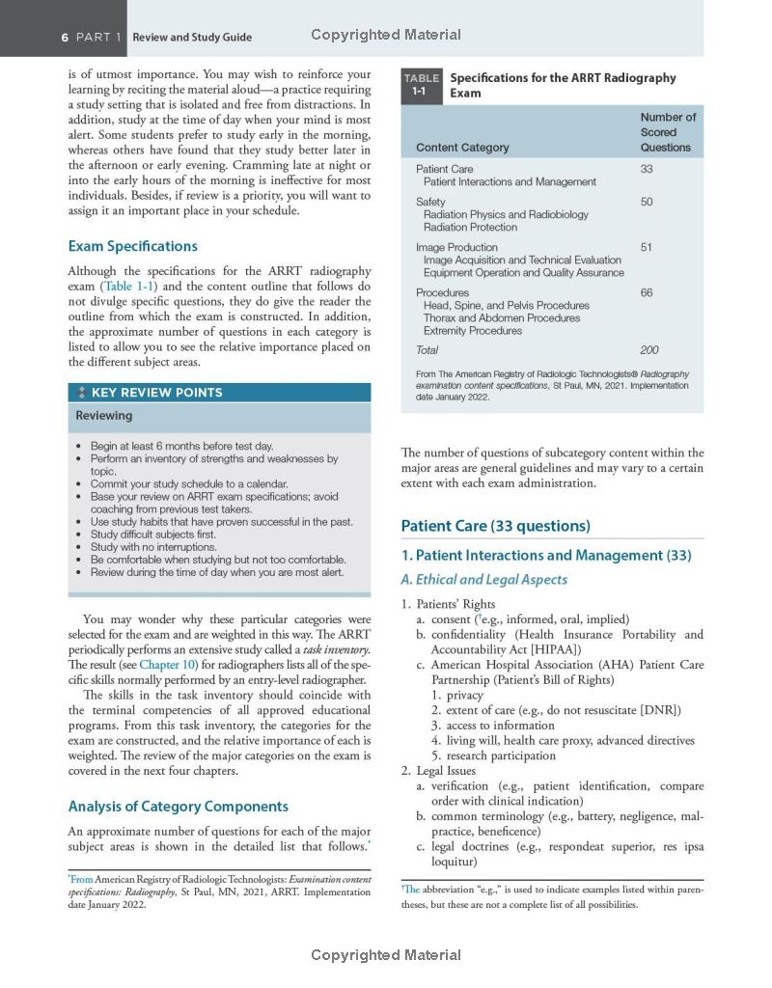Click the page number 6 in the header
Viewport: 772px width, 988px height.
pos(65,37)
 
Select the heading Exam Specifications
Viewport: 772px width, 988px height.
pos(132,246)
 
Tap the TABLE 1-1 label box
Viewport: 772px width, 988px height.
pos(421,85)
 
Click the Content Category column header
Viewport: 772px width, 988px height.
pos(462,148)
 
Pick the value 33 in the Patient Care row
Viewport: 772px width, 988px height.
pos(647,169)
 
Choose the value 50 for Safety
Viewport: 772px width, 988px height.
pos(647,202)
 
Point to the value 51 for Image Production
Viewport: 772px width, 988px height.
pos(647,247)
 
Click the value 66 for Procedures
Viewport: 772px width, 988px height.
pos(647,292)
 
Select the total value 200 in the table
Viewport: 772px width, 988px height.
pos(649,350)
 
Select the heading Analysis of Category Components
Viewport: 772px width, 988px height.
pos(178,807)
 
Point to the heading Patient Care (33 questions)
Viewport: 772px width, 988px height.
pos(495,526)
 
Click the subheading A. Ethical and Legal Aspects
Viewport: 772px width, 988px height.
pos(483,580)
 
